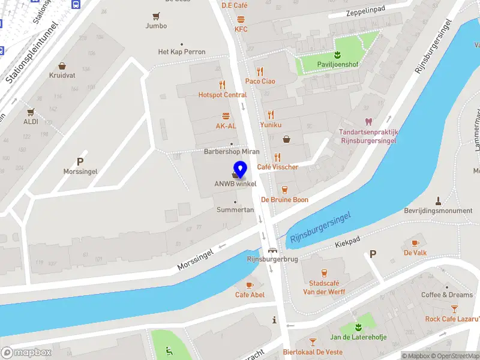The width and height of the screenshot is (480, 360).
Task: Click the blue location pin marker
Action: click(241, 169)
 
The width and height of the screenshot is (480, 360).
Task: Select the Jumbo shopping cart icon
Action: click(156, 16)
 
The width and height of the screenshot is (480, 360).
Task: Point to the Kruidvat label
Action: click(62, 76)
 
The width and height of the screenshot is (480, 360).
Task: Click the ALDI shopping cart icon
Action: click(30, 112)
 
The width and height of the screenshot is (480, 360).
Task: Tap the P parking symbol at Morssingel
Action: click(80, 161)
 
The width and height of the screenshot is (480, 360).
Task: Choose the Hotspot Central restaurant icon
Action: click(223, 85)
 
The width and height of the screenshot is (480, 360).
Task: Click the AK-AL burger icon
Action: click(226, 116)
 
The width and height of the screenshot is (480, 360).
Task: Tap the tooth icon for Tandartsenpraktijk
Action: click(369, 122)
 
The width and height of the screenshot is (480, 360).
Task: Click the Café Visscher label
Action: click(278, 167)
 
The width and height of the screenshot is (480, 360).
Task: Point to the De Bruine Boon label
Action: click(284, 200)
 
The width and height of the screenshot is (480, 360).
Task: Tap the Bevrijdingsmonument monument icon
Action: click(438, 201)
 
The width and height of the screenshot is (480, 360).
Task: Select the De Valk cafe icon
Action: click(415, 243)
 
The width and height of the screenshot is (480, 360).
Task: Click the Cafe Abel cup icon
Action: click(250, 285)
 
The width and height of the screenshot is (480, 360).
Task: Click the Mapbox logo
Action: click(26, 353)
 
